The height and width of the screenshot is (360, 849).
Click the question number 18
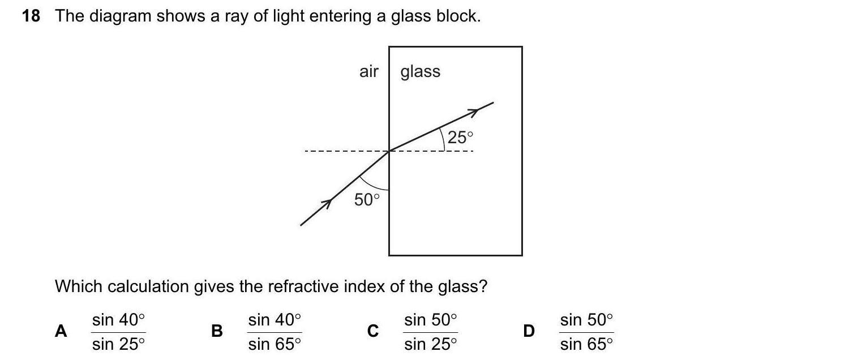31,16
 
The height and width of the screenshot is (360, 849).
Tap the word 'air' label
368,72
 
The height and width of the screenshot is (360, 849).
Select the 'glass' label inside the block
420,72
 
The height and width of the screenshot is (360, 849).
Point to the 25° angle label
460,137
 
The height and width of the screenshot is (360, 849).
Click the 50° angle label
367,199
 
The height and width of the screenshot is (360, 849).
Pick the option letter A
61,331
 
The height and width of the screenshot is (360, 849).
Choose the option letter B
216,331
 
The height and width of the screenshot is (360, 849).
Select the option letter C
372,331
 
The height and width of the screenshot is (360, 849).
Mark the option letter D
529,331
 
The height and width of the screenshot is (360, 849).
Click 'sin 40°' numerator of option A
118,320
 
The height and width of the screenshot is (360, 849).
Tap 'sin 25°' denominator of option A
118,344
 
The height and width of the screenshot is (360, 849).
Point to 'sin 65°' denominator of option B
275,344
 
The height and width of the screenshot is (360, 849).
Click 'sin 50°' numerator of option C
430,320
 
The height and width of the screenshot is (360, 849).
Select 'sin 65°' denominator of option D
586,344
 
